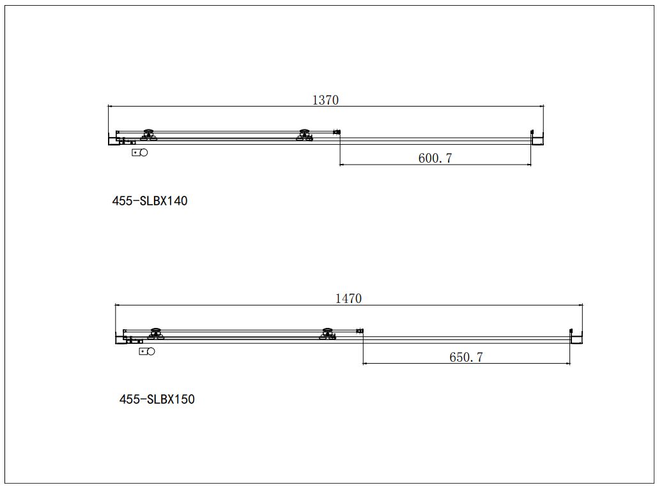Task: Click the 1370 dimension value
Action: pyautogui.click(x=325, y=100)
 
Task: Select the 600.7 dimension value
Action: pyautogui.click(x=435, y=158)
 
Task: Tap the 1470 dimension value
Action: pyautogui.click(x=348, y=299)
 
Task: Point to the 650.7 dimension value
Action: pyautogui.click(x=466, y=357)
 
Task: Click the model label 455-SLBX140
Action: pyautogui.click(x=150, y=201)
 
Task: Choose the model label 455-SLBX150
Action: pyautogui.click(x=157, y=399)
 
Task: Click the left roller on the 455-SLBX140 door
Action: pyautogui.click(x=150, y=135)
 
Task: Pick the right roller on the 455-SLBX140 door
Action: pyautogui.click(x=305, y=135)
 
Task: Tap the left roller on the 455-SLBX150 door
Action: pyautogui.click(x=156, y=334)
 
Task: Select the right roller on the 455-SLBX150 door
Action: pyautogui.click(x=327, y=334)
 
